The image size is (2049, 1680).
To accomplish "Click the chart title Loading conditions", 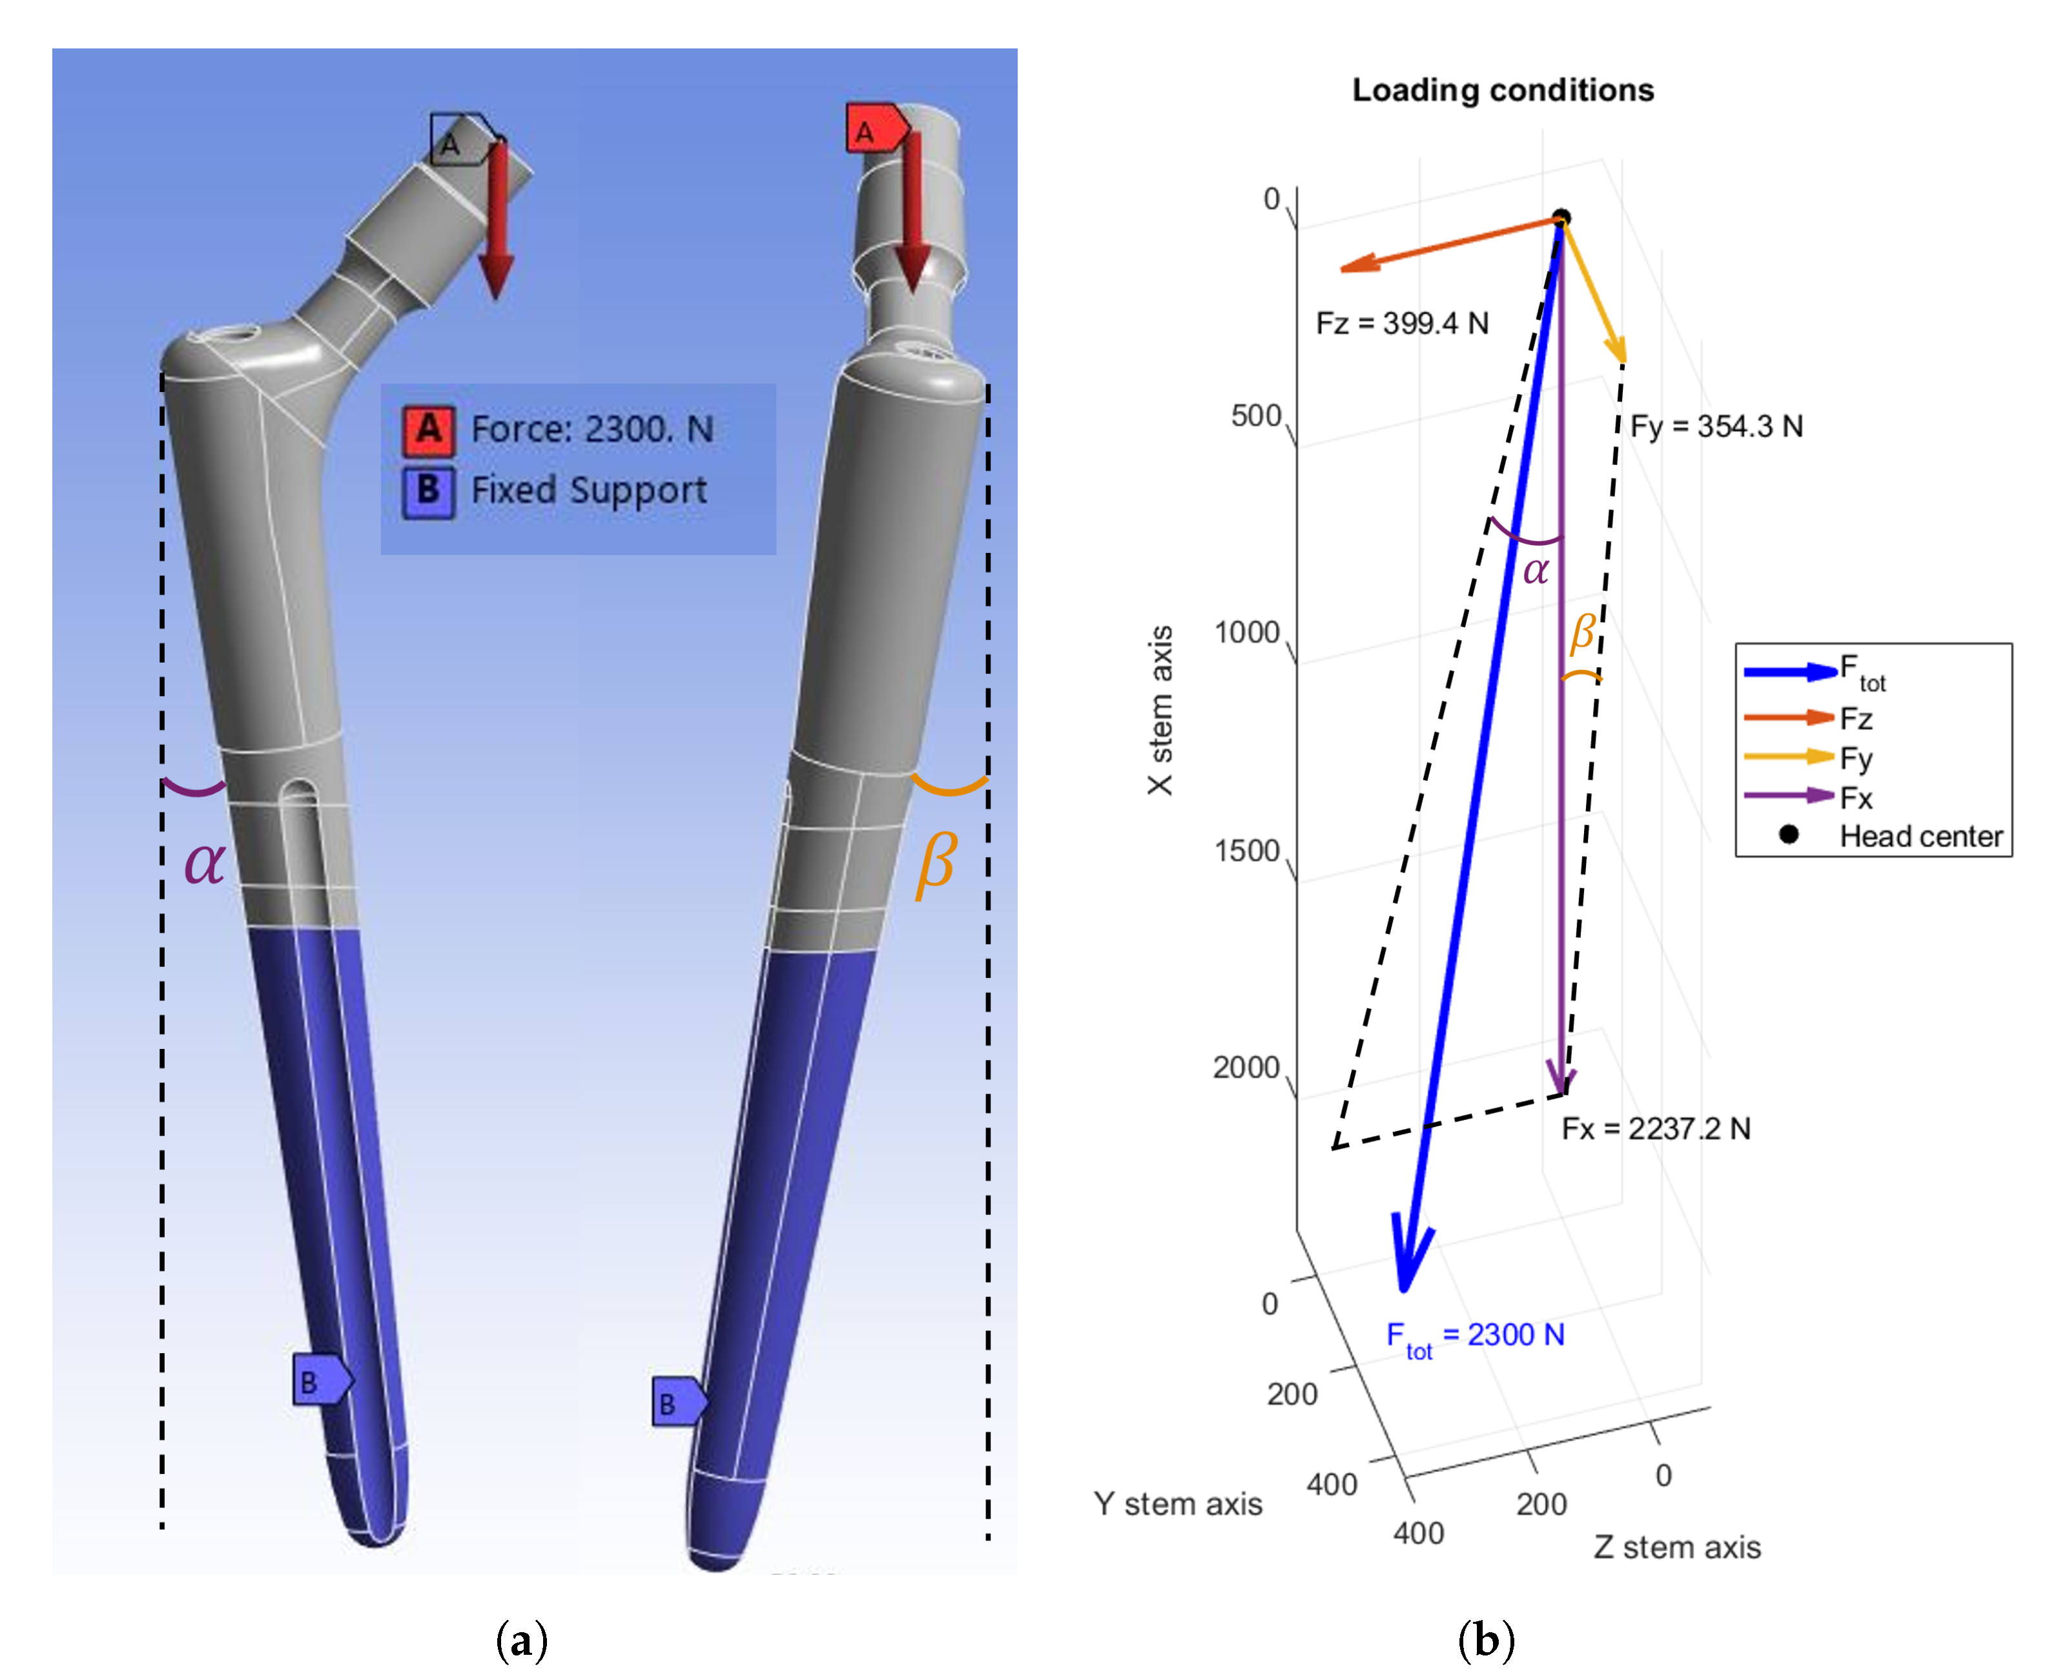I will click(x=1503, y=90).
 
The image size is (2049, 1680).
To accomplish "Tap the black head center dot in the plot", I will click(x=1560, y=218).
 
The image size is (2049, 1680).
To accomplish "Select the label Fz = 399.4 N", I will click(x=1402, y=323).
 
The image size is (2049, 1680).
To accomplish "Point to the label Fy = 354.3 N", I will click(x=1716, y=427).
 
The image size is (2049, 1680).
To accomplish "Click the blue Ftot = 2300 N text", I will click(x=1476, y=1336).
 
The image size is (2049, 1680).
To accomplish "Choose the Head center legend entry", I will click(x=1920, y=836).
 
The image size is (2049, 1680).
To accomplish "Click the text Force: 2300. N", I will click(x=592, y=429).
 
